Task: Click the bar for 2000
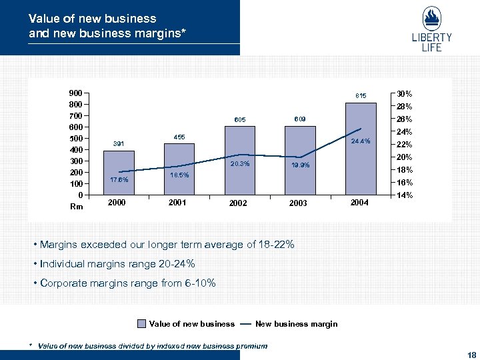pos(119,173)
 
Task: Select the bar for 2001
pos(179,169)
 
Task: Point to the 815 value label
pos(361,95)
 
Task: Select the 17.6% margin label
pos(119,179)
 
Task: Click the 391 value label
pos(119,143)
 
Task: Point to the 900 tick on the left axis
pos(75,93)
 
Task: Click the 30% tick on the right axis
pos(404,93)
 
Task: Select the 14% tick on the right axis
pos(404,195)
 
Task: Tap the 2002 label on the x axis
pos(238,203)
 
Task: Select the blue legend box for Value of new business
pos(141,324)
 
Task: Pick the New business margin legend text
pos(296,324)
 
